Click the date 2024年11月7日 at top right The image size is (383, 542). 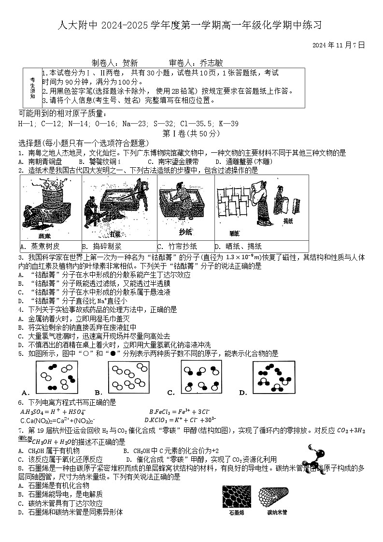(x=338, y=45)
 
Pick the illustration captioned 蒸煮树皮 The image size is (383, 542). (x=51, y=208)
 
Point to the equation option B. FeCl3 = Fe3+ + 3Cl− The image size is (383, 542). (x=183, y=411)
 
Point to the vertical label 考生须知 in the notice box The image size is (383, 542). (x=32, y=88)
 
